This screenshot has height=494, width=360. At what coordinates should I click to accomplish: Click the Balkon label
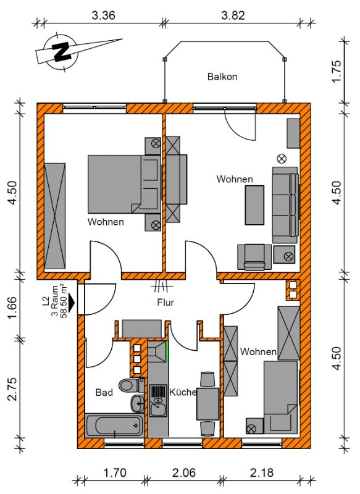coord(222,77)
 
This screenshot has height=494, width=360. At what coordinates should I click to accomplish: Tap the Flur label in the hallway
coord(165,302)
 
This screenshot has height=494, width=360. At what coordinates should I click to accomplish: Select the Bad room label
coord(104,392)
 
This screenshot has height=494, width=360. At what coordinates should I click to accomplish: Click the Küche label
coord(183,392)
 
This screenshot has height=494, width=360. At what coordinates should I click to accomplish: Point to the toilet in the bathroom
coord(131,385)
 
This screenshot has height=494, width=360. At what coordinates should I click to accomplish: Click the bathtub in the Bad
coord(114,425)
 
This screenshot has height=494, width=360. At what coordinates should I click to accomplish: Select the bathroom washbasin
coord(137,403)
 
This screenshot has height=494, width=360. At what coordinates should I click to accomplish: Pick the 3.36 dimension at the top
coord(103,15)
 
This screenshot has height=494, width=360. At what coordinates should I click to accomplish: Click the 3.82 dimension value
coord(233,15)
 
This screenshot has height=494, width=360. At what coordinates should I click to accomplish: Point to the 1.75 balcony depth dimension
coord(337,71)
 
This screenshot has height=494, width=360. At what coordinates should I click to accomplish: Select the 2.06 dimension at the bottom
coord(184,472)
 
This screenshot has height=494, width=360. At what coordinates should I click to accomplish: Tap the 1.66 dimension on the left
coord(12,307)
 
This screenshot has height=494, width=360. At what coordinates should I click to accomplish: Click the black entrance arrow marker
coord(72,302)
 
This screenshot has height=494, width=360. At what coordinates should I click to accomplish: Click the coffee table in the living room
coord(254,205)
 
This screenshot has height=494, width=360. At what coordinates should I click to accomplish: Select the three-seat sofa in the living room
coord(285,205)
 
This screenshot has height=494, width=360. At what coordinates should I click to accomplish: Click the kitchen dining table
coord(207,404)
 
